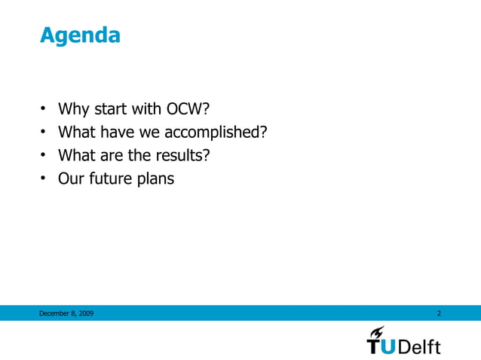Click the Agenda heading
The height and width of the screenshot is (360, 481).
[80, 35]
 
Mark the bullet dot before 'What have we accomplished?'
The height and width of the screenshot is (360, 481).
[44, 133]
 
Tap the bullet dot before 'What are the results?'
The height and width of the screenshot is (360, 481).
[44, 156]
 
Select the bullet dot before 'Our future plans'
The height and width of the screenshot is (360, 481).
[44, 179]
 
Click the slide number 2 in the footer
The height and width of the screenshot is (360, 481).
[439, 313]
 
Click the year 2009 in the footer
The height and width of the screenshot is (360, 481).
[85, 313]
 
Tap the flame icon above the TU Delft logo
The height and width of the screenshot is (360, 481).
[378, 331]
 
